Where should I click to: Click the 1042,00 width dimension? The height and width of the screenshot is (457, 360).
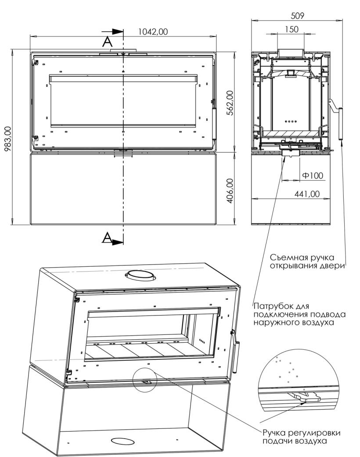click(153, 32)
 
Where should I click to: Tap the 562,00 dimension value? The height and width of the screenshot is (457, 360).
click(230, 103)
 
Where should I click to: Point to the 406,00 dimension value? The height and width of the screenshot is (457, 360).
click(230, 191)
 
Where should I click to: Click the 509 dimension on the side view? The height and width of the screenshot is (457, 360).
click(297, 16)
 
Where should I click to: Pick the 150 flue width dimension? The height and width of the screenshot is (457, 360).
click(291, 29)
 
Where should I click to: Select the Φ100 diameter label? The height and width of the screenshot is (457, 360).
click(313, 175)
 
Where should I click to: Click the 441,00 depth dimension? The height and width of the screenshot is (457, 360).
click(307, 194)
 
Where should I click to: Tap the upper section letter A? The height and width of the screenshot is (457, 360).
click(107, 42)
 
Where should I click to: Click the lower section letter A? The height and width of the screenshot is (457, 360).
click(107, 238)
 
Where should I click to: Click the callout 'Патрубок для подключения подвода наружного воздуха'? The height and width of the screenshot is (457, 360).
click(299, 314)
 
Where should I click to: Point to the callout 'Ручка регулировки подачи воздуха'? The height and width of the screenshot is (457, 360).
click(301, 437)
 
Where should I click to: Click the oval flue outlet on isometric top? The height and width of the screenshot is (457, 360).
click(140, 275)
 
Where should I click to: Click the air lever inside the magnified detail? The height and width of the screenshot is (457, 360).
click(304, 397)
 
